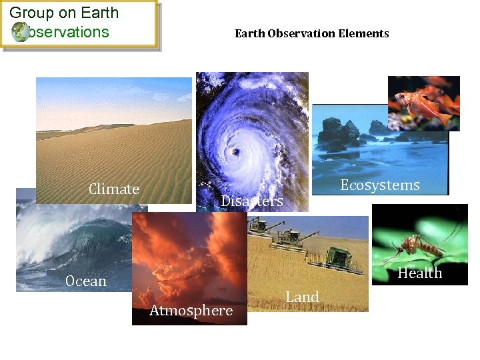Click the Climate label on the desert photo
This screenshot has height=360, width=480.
(x=114, y=189)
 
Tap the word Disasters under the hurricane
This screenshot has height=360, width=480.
(x=252, y=201)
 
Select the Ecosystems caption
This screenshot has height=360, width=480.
(x=380, y=185)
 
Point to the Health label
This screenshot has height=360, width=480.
(x=420, y=273)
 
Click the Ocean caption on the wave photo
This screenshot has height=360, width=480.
(x=86, y=281)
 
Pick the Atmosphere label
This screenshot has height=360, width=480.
(x=191, y=311)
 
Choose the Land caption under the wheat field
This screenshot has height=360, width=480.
(x=303, y=297)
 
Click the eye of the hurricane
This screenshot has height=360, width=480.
(x=235, y=153)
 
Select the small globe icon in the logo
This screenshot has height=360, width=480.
(x=20, y=31)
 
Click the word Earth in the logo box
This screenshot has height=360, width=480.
(x=100, y=13)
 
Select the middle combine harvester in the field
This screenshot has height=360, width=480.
(x=290, y=236)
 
